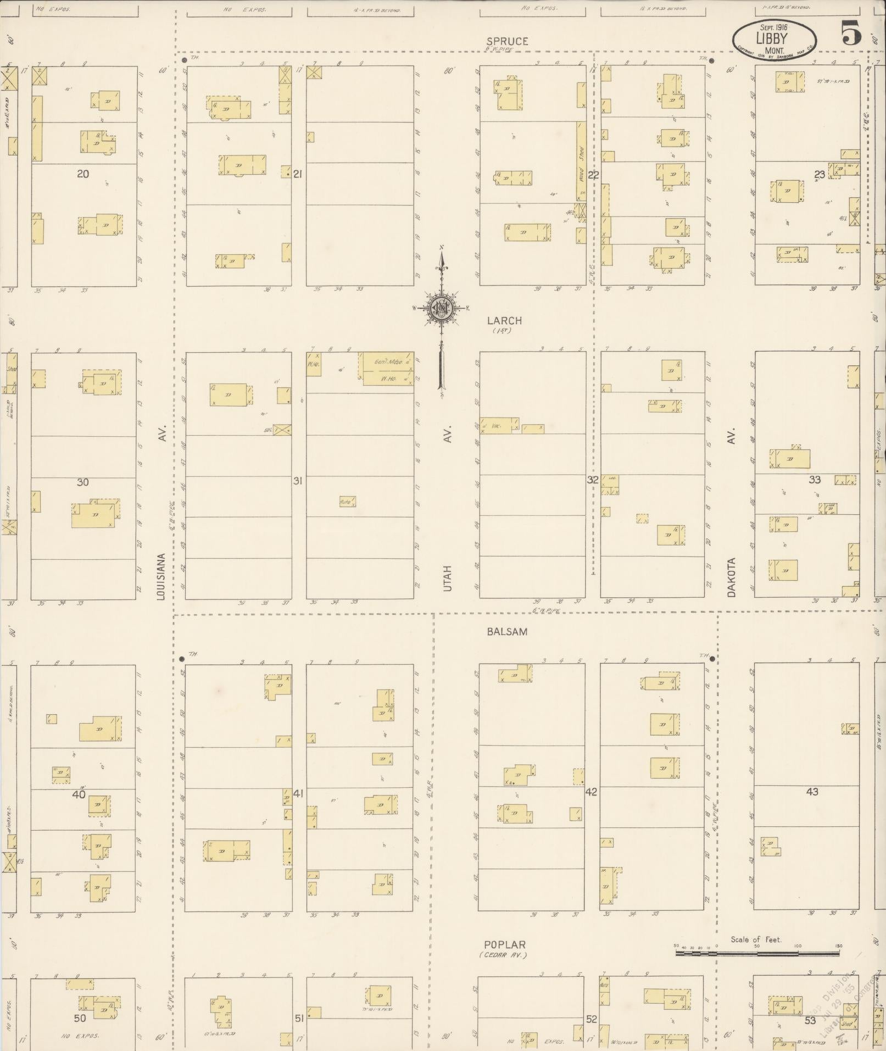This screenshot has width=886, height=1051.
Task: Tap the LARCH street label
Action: pyautogui.click(x=504, y=320)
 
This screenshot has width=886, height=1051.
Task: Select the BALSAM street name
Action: pyautogui.click(x=506, y=632)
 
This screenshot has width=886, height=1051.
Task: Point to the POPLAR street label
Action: pyautogui.click(x=504, y=945)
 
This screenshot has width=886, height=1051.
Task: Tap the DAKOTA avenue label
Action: pyautogui.click(x=731, y=577)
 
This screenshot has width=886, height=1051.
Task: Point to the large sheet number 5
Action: pyautogui.click(x=851, y=34)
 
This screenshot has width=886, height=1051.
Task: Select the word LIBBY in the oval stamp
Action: pyautogui.click(x=772, y=38)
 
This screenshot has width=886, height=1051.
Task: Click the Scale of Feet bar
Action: pyautogui.click(x=757, y=953)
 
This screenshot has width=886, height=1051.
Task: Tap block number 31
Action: pyautogui.click(x=297, y=481)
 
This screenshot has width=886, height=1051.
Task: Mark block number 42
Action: pyautogui.click(x=591, y=792)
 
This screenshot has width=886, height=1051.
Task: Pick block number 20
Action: pyautogui.click(x=82, y=174)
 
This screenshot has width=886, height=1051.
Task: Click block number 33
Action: pyautogui.click(x=814, y=480)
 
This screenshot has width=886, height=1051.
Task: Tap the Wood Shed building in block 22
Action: pyautogui.click(x=581, y=162)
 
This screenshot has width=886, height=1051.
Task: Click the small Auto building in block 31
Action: pyautogui.click(x=347, y=501)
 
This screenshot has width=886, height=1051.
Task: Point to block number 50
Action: pyautogui.click(x=80, y=1018)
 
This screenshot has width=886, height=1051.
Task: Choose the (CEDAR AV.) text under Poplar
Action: pyautogui.click(x=503, y=955)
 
